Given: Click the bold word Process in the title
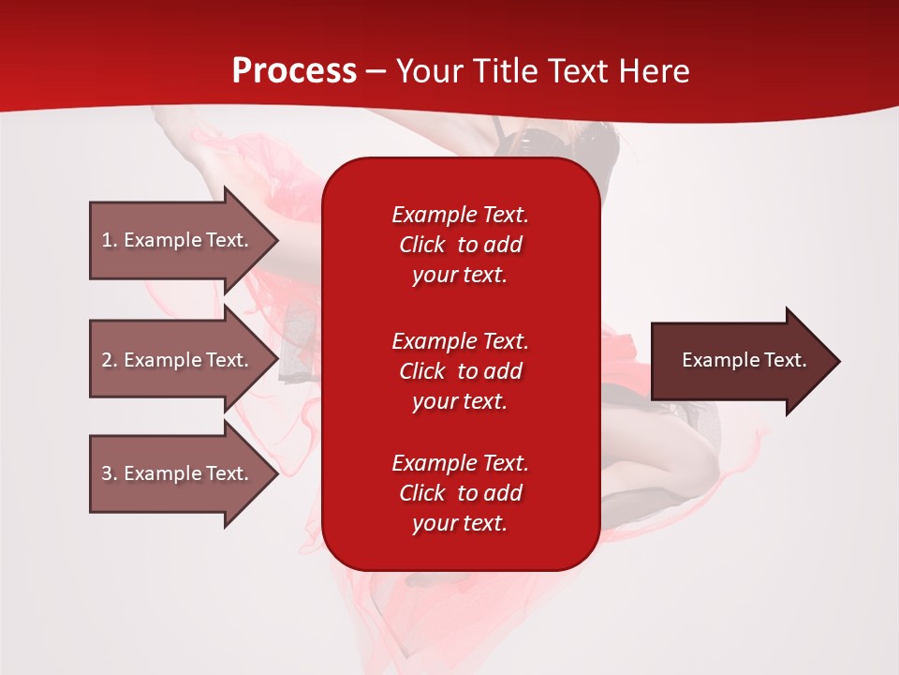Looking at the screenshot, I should tap(294, 71).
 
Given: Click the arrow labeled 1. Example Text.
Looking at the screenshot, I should tap(175, 240).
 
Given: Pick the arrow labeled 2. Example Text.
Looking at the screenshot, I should tap(175, 360).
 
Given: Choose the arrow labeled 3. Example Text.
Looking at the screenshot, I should tap(175, 473).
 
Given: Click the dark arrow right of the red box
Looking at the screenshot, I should tap(740, 361).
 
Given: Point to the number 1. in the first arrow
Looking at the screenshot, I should tap(110, 240).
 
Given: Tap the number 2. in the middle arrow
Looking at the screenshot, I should tap(110, 360).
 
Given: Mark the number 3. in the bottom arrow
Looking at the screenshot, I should tap(110, 473).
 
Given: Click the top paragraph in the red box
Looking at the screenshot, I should tap(460, 245).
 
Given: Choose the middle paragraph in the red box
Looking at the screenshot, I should tap(460, 371).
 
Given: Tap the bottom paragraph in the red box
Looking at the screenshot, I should tap(460, 493).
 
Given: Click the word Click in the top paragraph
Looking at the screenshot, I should tap(422, 246).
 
